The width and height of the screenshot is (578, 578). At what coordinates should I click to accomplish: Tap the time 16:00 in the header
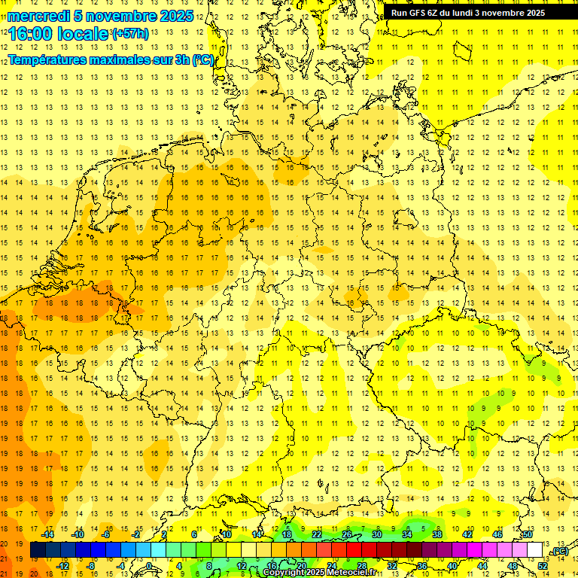pyautogui.click(x=32, y=34)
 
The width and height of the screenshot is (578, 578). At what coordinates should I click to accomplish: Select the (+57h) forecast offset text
pyautogui.click(x=129, y=33)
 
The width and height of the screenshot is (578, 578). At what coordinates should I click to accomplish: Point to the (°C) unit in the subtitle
pyautogui.click(x=202, y=59)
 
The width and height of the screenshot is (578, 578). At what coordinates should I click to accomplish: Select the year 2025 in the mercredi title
pyautogui.click(x=175, y=16)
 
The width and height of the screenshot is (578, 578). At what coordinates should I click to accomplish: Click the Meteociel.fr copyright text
pyautogui.click(x=347, y=573)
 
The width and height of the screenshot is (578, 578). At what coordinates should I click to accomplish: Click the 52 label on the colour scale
pyautogui.click(x=543, y=566)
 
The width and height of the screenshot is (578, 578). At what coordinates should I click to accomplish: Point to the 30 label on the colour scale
pyautogui.click(x=377, y=534)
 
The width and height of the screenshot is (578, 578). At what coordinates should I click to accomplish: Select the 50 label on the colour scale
pyautogui.click(x=528, y=534)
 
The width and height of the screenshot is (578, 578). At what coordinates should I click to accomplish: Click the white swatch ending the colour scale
pyautogui.click(x=534, y=550)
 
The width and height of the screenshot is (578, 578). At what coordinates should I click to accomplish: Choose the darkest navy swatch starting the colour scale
pyautogui.click(x=38, y=550)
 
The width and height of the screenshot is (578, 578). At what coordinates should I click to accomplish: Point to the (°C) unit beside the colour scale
pyautogui.click(x=560, y=551)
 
